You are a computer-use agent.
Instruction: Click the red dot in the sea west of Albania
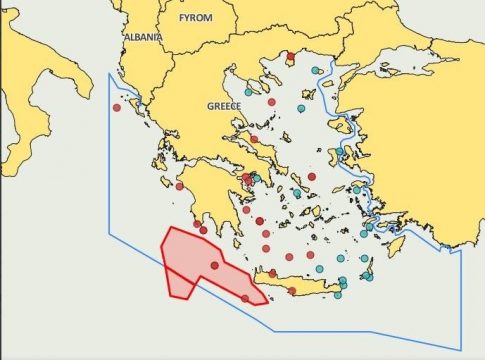[117, 107]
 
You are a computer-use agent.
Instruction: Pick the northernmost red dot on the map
[289, 56]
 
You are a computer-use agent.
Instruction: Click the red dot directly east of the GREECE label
[271, 101]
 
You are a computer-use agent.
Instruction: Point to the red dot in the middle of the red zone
[214, 265]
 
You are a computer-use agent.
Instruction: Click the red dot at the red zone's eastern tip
[245, 298]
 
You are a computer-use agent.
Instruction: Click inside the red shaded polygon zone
[190, 260]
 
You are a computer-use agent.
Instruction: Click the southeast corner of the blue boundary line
[461, 349]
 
